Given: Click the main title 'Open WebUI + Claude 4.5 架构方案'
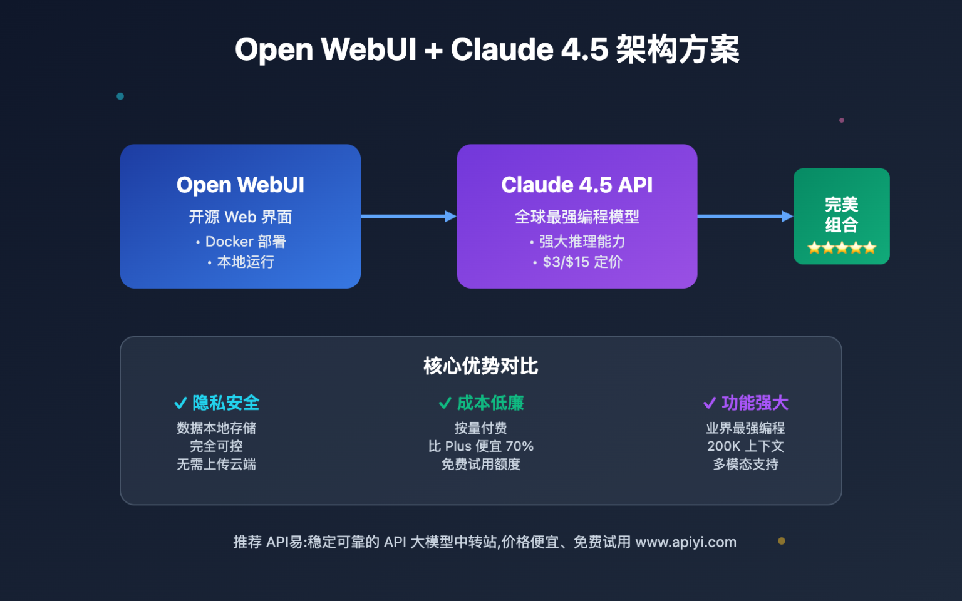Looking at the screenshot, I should (487, 49).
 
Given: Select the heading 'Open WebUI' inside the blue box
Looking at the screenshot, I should (240, 185).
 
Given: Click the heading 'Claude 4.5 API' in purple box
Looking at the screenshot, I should (577, 185).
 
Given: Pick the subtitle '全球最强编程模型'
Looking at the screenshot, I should (577, 217).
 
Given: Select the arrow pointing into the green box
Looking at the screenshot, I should (745, 217).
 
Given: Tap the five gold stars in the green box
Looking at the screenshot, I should (841, 248).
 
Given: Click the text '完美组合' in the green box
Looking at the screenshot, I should (841, 214).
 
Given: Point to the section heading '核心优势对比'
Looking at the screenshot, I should (480, 366).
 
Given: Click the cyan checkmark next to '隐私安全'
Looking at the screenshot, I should (180, 403).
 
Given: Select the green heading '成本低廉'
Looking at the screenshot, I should (490, 403).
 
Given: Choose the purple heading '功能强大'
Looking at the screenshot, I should (755, 403).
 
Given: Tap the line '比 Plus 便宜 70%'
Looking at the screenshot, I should (480, 446).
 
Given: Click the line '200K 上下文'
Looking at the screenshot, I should (745, 446).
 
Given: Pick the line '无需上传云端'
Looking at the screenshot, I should (216, 465).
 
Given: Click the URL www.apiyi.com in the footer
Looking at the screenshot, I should (686, 542).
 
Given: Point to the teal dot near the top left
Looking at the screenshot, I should (120, 96).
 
